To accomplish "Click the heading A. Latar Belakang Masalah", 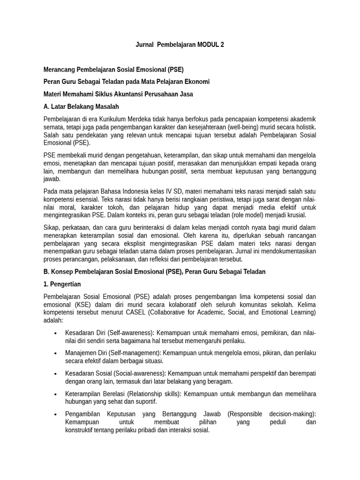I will coord(81,106).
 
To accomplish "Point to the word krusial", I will coord(295,215).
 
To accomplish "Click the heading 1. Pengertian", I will coord(62,284).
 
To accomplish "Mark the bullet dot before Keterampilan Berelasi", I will coord(56,394).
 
